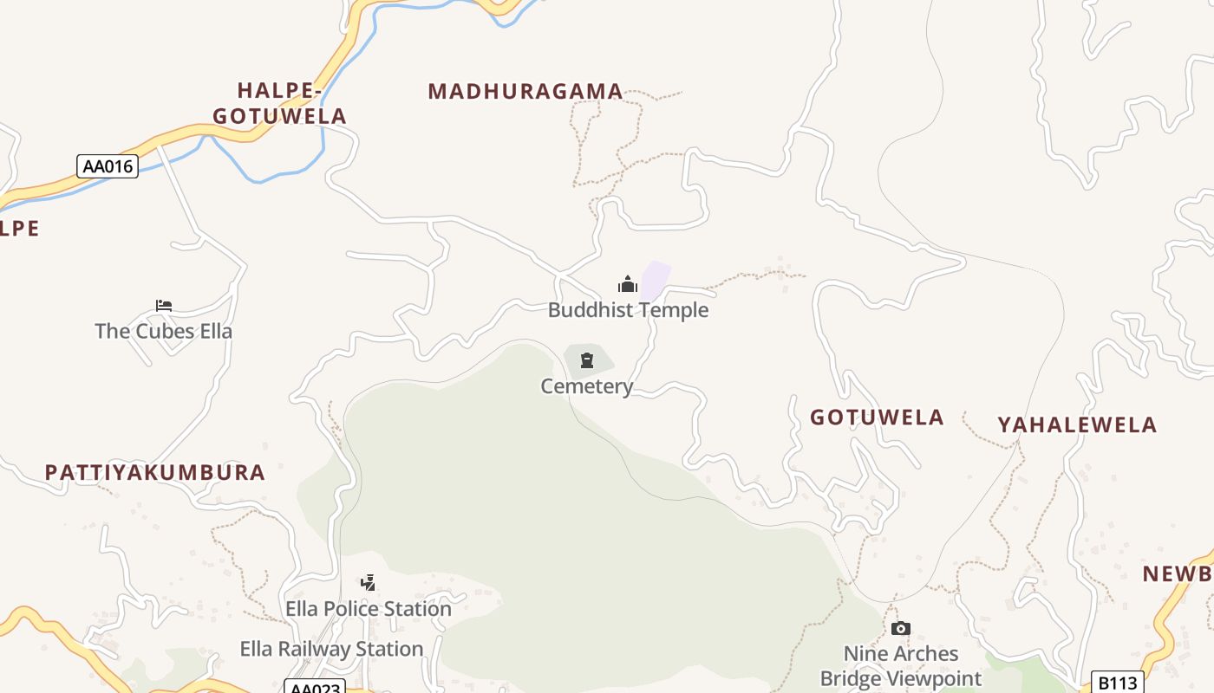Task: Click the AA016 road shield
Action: pyautogui.click(x=108, y=165)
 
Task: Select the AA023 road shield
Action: pyautogui.click(x=315, y=687)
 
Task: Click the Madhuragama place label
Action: pyautogui.click(x=525, y=91)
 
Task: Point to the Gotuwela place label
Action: pyautogui.click(x=877, y=417)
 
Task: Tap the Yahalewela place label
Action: pyautogui.click(x=1077, y=424)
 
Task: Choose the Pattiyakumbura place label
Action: pyautogui.click(x=154, y=472)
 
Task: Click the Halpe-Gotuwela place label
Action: pyautogui.click(x=279, y=103)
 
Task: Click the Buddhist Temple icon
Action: pyautogui.click(x=627, y=284)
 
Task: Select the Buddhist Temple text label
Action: pyautogui.click(x=628, y=310)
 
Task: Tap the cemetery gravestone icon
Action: pyautogui.click(x=587, y=360)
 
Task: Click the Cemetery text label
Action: pyautogui.click(x=587, y=386)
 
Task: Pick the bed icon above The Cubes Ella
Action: pyautogui.click(x=164, y=305)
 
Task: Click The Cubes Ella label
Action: pyautogui.click(x=163, y=331)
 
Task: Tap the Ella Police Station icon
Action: pyautogui.click(x=369, y=582)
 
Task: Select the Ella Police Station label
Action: pyautogui.click(x=369, y=609)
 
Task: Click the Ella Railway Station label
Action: pyautogui.click(x=331, y=649)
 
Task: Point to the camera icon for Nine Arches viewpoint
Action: pyautogui.click(x=901, y=628)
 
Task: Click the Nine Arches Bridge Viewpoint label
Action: pyautogui.click(x=901, y=665)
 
